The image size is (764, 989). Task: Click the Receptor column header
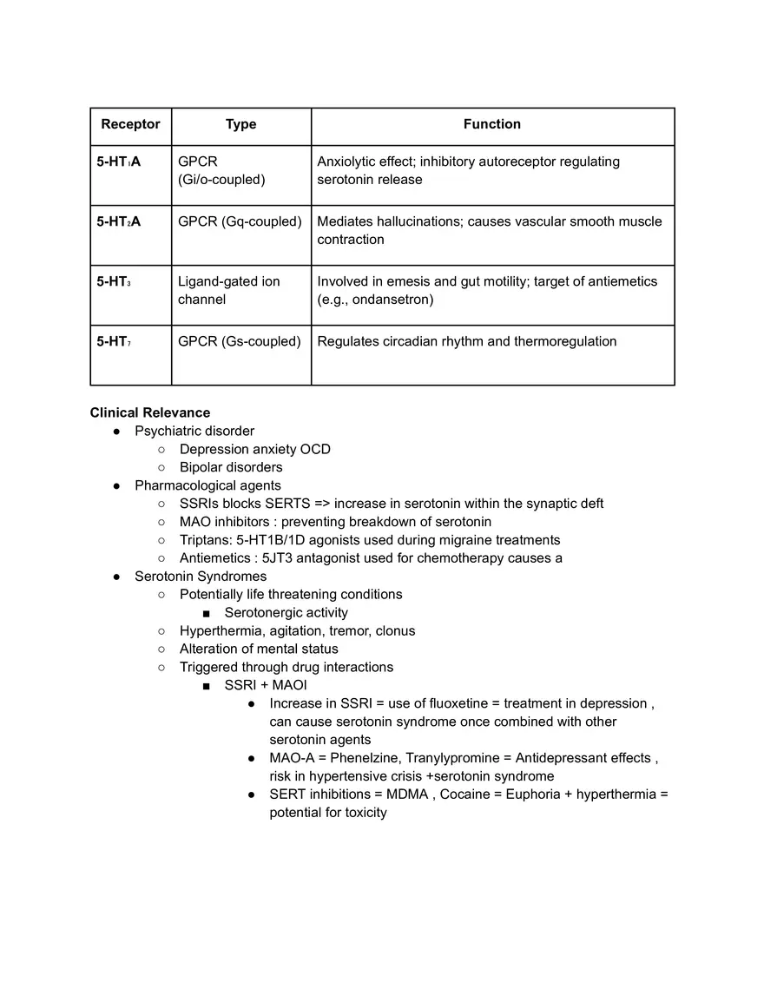(x=130, y=124)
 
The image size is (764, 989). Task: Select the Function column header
(x=491, y=124)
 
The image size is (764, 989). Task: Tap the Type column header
(x=240, y=124)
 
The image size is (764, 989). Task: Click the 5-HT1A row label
(x=118, y=162)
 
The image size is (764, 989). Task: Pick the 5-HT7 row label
(x=114, y=341)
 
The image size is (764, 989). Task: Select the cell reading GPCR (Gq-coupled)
(x=240, y=221)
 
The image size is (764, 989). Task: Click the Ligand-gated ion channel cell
(x=228, y=290)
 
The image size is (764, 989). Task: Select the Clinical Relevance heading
(x=149, y=412)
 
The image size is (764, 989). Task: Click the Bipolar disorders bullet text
(x=231, y=467)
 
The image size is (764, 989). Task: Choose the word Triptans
(x=204, y=540)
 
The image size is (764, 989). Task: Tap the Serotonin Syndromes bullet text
(x=201, y=577)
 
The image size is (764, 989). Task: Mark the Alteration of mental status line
(x=259, y=649)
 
